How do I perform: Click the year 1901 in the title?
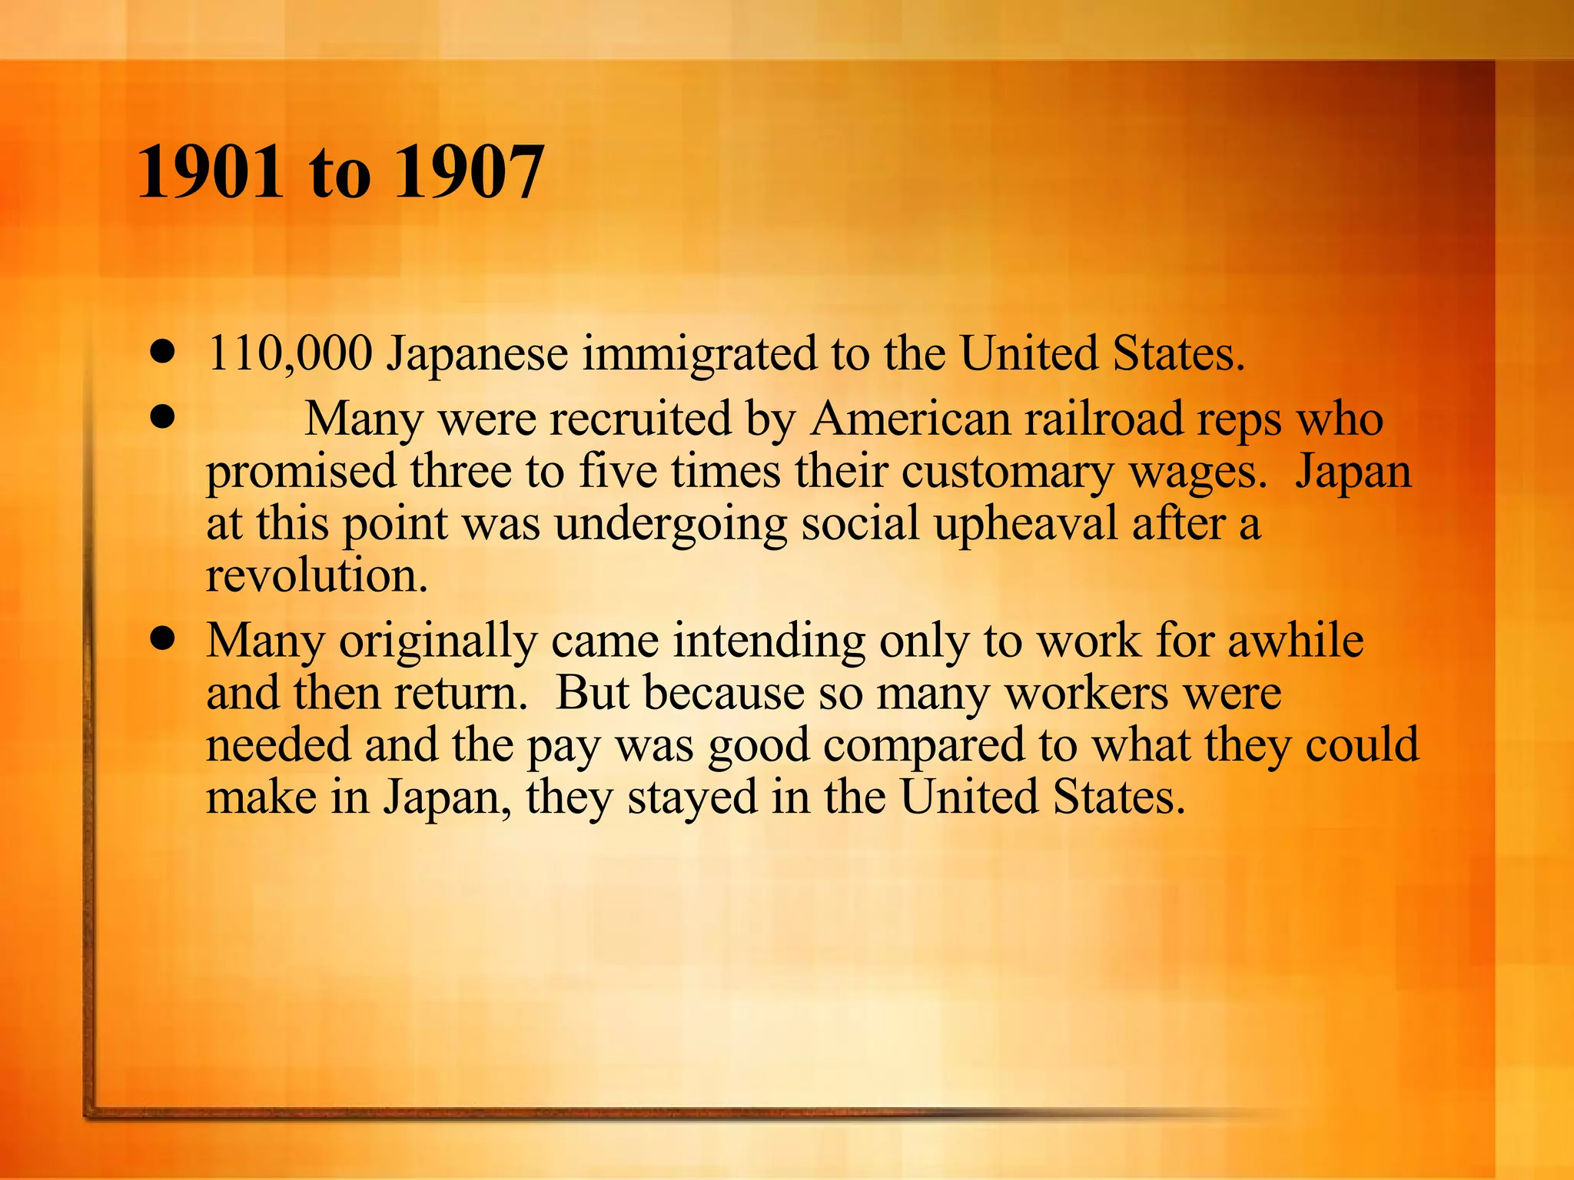[x=210, y=172]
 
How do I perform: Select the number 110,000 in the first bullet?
[x=290, y=354]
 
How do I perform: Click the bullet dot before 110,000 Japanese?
[x=162, y=354]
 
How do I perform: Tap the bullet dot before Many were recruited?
[x=162, y=419]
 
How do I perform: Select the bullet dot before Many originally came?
[x=162, y=639]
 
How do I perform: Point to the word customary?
[x=1008, y=472]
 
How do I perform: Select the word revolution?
[x=317, y=575]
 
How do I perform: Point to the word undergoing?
[x=671, y=525]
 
